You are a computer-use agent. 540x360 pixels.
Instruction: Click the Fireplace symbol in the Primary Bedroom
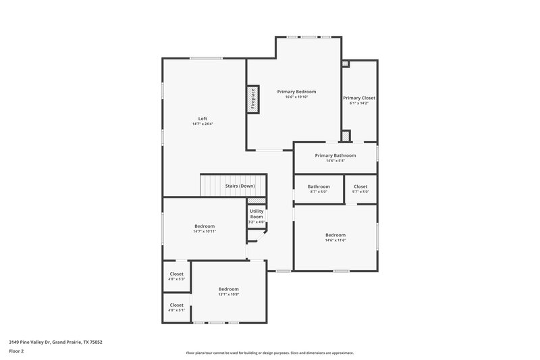coord(253,99)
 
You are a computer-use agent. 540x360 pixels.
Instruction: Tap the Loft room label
coord(202,119)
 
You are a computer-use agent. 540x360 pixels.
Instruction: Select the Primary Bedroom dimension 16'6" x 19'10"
coord(296,97)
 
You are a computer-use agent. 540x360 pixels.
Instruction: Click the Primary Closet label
coord(359,98)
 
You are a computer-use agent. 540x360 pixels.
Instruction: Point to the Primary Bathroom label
coord(335,155)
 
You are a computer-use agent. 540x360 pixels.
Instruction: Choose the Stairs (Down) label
coord(240,186)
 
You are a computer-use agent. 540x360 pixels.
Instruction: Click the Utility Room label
coord(256,213)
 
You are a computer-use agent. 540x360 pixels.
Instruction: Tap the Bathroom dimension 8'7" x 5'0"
coord(319,192)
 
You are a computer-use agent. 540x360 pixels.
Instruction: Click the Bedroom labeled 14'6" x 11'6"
coord(335,235)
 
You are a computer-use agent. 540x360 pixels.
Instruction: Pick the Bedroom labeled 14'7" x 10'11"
coord(205,226)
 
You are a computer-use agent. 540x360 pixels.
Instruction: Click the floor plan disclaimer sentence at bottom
coord(269,353)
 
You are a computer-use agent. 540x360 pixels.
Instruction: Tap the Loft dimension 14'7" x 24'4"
coord(202,124)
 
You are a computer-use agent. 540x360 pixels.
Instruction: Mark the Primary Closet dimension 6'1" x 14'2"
coord(359,103)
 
